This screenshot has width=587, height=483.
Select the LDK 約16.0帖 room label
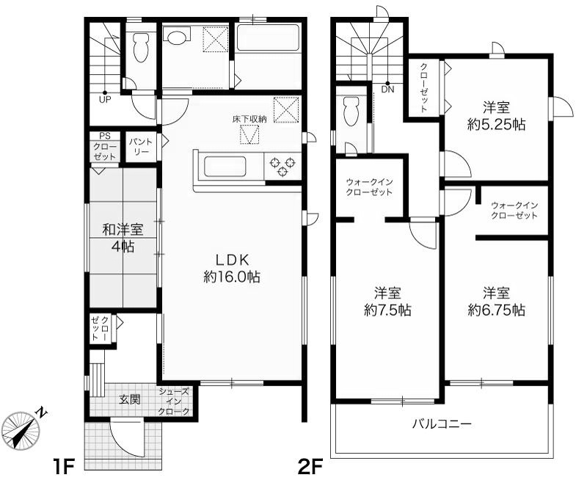(233, 268)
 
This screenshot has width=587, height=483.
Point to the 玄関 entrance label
(130, 401)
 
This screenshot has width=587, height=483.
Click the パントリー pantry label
(141, 145)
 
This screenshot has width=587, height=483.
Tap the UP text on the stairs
(105, 101)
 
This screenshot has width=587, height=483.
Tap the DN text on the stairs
(387, 90)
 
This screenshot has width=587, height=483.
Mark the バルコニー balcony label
(440, 424)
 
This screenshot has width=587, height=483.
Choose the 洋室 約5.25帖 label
(497, 115)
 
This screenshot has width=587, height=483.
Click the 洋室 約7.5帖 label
(387, 300)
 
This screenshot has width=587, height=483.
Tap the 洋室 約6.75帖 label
(497, 300)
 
